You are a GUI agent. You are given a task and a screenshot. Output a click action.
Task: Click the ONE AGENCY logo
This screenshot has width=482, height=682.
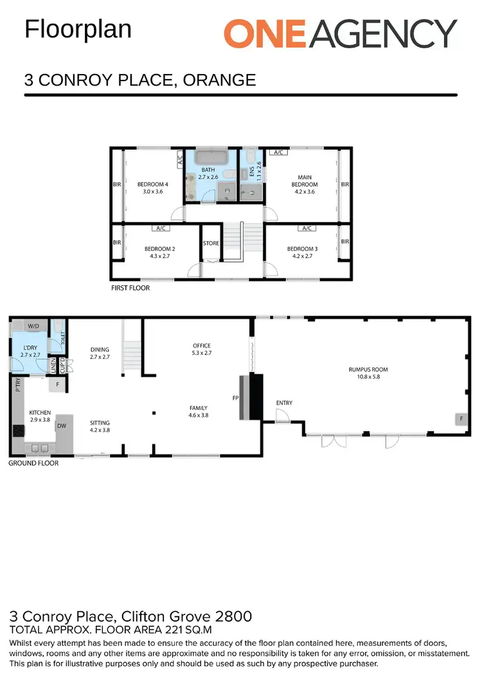pyautogui.click(x=340, y=33)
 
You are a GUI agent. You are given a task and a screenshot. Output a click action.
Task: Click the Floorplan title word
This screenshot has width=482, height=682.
pyautogui.click(x=78, y=30)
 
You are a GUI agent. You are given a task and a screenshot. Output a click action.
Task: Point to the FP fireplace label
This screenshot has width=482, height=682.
pyautogui.click(x=235, y=398)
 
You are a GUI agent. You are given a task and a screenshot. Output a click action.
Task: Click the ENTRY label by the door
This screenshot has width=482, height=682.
pyautogui.click(x=284, y=403)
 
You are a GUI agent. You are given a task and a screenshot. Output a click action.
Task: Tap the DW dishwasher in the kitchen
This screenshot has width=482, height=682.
pyautogui.click(x=62, y=425)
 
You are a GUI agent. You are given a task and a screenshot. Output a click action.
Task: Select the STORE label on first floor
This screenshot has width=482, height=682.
pyautogui.click(x=211, y=244)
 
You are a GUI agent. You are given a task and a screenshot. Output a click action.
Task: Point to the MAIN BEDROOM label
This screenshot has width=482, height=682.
pyautogui.click(x=304, y=181)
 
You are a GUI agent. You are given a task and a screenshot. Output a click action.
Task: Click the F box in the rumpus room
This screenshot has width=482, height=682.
pyautogui.click(x=460, y=419)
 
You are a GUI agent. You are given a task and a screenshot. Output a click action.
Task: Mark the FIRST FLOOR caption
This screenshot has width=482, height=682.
pyautogui.click(x=130, y=288)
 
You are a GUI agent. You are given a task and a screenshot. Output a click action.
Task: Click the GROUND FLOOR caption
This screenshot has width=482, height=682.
pyautogui.click(x=33, y=463)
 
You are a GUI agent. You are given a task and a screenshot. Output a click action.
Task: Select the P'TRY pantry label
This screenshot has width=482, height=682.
pyautogui.click(x=17, y=385)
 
